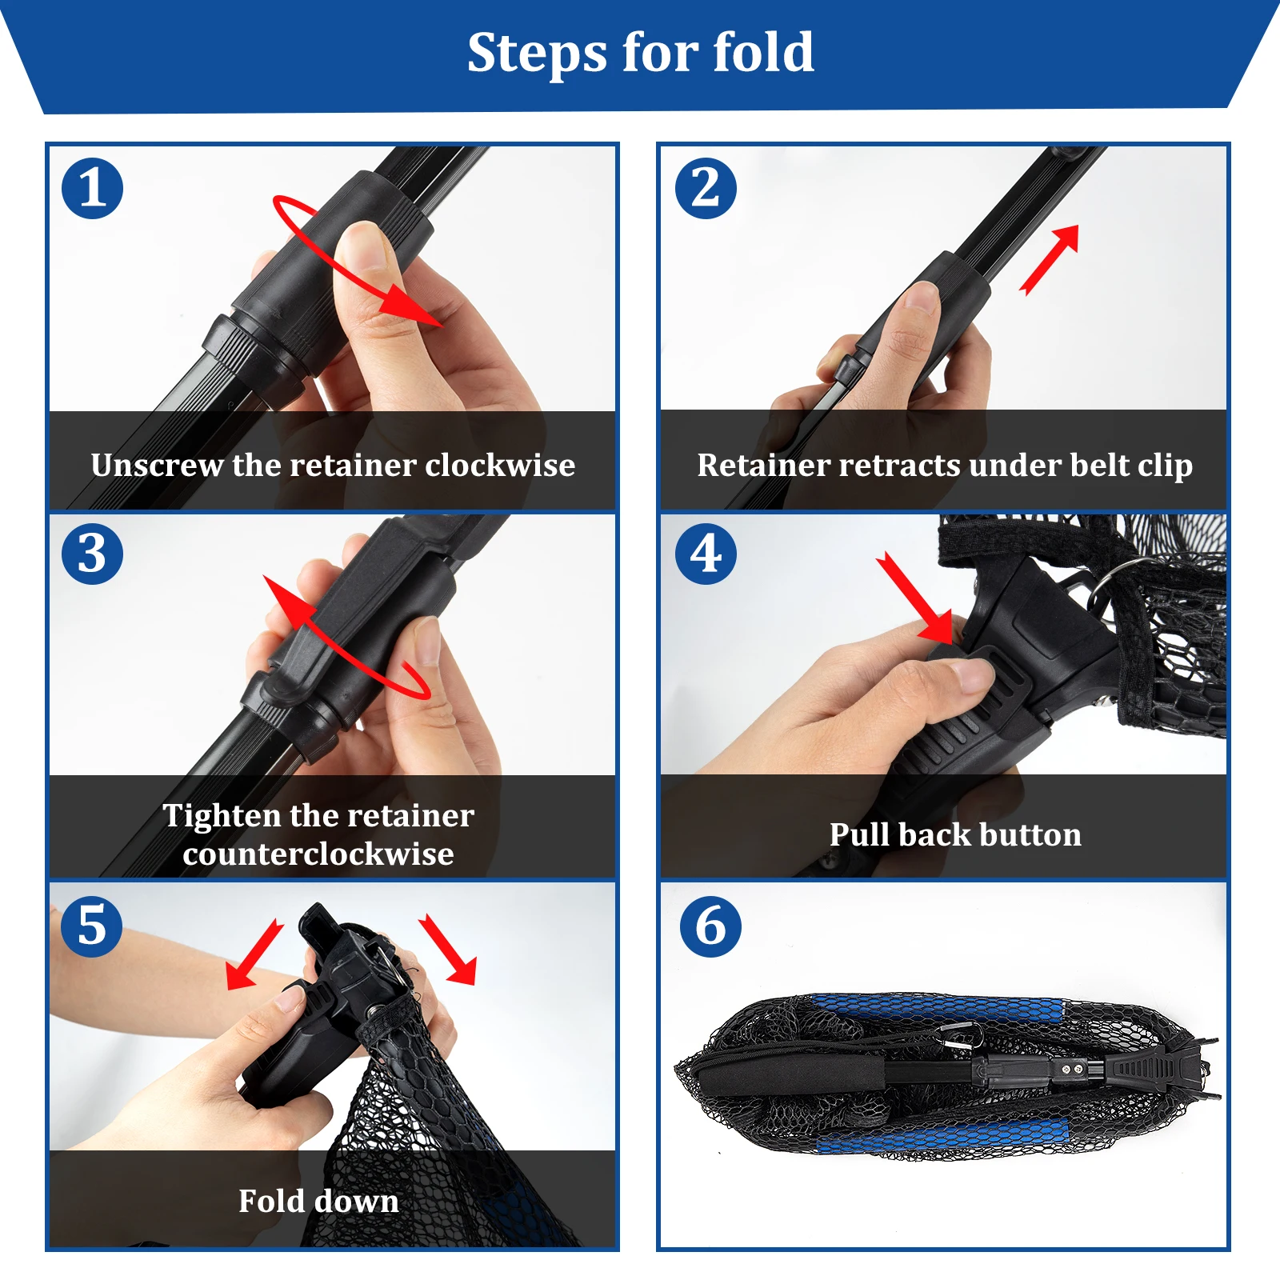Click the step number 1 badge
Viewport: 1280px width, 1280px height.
point(92,189)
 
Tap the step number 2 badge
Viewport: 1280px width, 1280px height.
point(706,189)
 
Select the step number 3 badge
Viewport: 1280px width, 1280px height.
point(92,554)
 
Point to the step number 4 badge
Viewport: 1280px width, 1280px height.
point(706,554)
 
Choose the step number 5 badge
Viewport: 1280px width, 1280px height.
point(92,926)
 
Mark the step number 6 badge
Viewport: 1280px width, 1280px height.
point(710,926)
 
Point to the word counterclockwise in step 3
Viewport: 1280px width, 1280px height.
point(318,854)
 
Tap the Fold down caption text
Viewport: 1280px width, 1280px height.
point(318,1201)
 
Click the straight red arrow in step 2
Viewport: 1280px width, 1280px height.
point(1049,260)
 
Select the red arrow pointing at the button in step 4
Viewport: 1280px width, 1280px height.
point(915,598)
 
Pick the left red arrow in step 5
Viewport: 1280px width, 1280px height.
point(254,954)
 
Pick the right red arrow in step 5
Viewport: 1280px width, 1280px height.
point(448,949)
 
